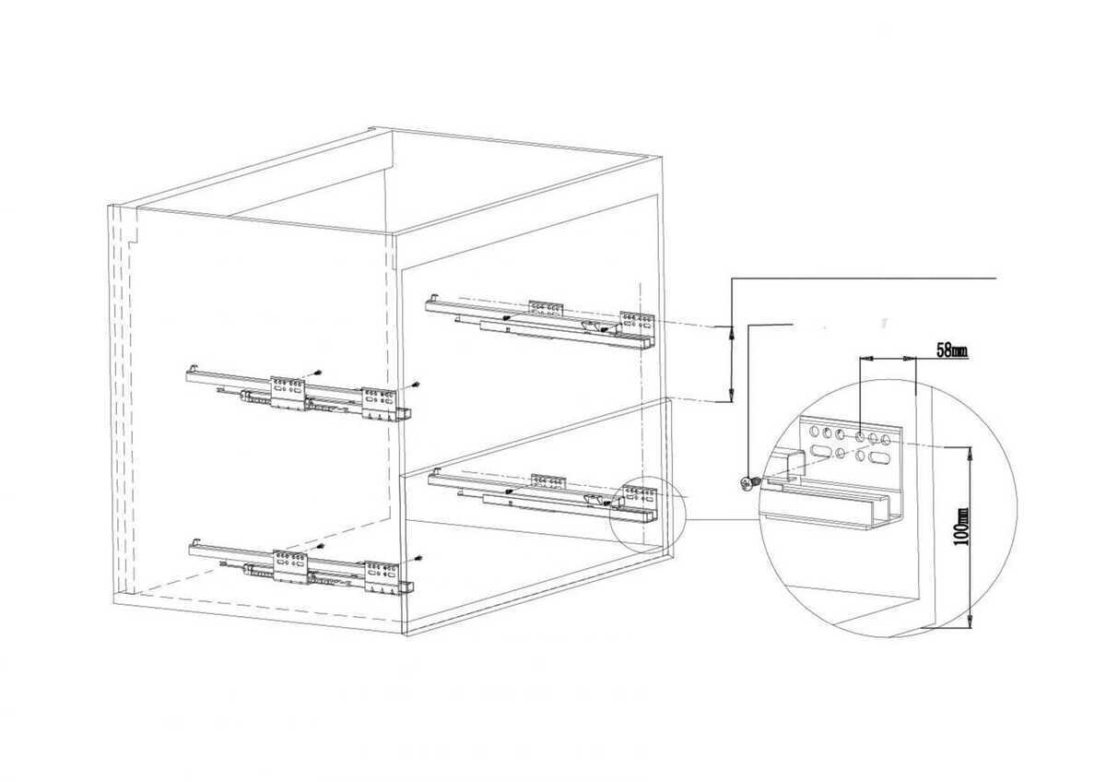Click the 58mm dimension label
click(952, 350)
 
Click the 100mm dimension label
click(961, 527)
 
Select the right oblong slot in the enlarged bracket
click(879, 457)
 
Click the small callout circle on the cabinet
click(647, 514)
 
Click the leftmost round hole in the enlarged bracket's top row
click(814, 432)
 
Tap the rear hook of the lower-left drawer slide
click(196, 542)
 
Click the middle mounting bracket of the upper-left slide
click(288, 392)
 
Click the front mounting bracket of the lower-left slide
click(382, 576)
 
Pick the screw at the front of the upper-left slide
click(417, 384)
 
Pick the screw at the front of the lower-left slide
click(418, 558)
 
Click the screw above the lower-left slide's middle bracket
click(321, 546)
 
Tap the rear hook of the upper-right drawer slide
click(433, 299)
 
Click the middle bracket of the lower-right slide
click(547, 480)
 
